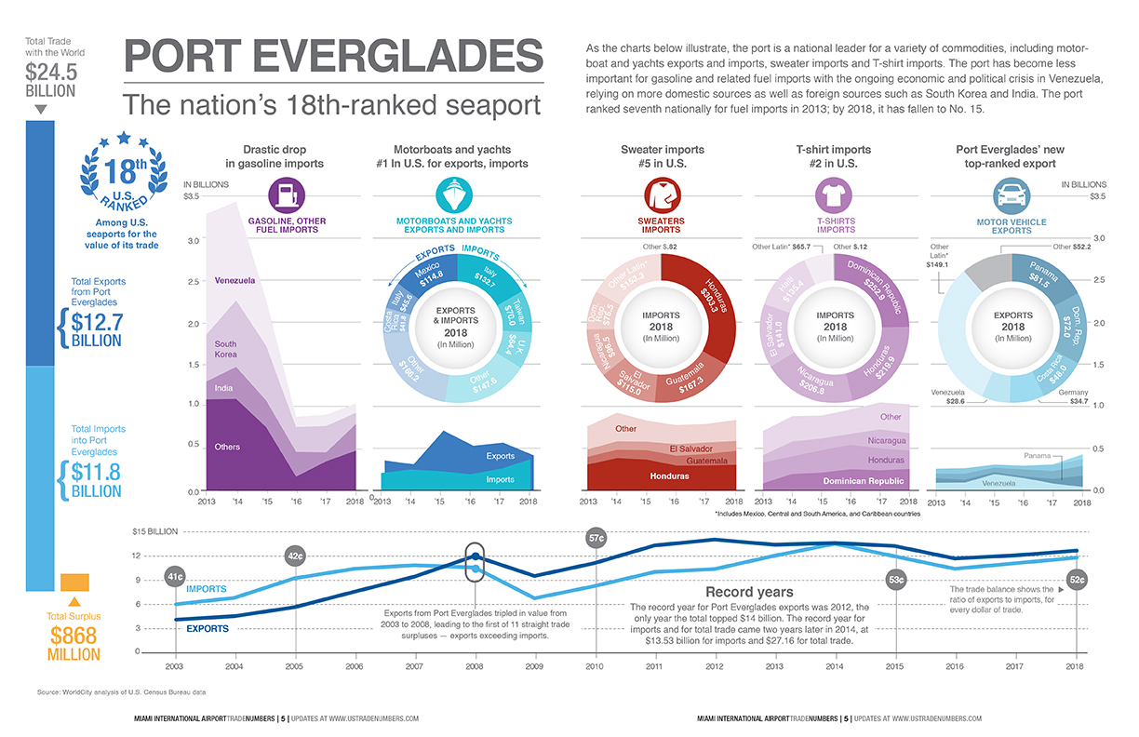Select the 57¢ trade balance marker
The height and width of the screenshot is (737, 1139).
coord(596,537)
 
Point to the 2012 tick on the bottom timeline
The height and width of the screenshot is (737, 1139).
coord(715,666)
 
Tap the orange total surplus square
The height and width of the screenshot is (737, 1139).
coord(74,582)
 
